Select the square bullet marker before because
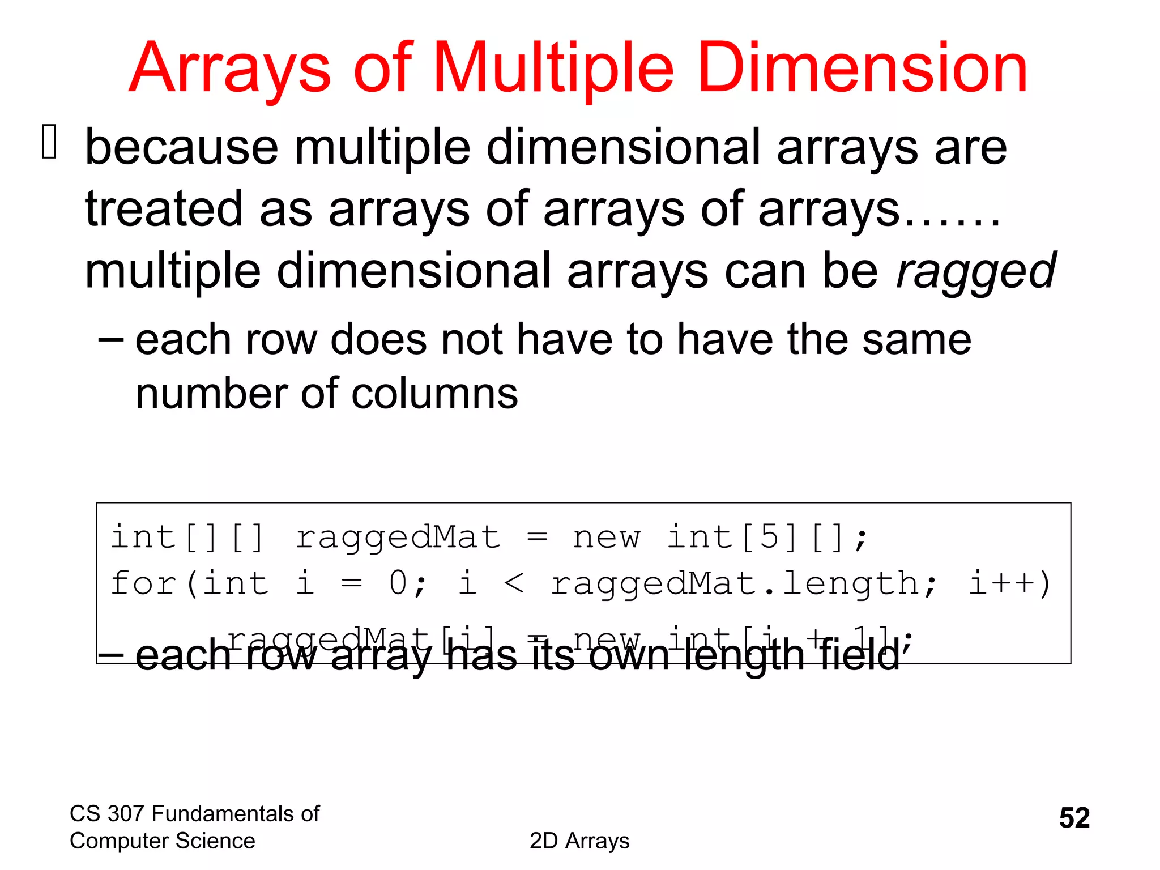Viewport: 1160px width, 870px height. click(x=50, y=142)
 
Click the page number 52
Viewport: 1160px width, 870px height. click(x=1074, y=818)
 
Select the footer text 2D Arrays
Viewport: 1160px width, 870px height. click(x=579, y=841)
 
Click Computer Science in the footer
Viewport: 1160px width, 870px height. click(x=162, y=841)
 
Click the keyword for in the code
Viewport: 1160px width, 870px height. click(x=143, y=583)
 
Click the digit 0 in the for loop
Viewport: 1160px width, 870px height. click(x=399, y=583)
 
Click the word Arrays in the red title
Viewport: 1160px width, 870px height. click(x=229, y=69)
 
